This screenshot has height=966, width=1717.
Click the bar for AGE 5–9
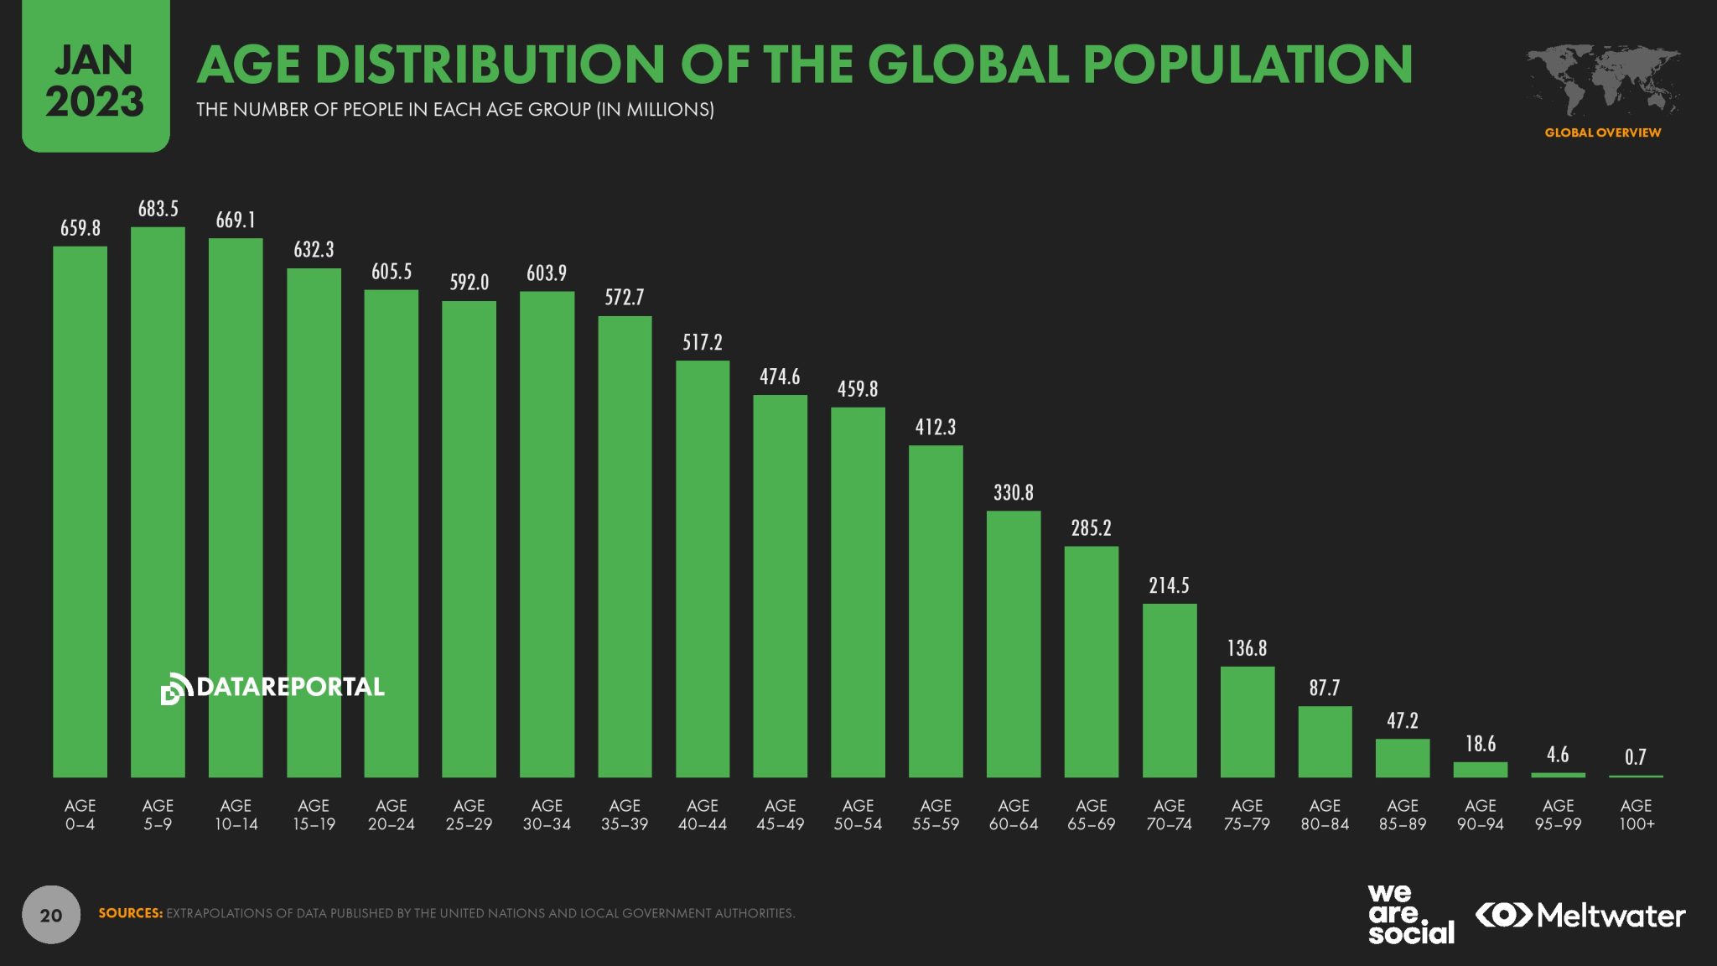point(158,503)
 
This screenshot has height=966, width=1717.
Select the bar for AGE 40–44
point(703,570)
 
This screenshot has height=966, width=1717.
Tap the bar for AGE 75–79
point(1247,721)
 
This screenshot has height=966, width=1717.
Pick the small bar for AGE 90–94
point(1480,769)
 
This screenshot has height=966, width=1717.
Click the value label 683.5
point(158,209)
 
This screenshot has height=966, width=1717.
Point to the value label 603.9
point(547,273)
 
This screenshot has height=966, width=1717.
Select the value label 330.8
point(1013,493)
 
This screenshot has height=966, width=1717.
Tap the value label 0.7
point(1635,757)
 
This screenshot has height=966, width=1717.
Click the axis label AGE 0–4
point(80,814)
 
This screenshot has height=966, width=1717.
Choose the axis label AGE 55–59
point(935,814)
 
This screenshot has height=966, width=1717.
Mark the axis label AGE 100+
point(1636,814)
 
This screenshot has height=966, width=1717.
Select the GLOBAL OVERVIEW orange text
point(1602,132)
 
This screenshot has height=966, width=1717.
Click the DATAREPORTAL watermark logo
point(272,688)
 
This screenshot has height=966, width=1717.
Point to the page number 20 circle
point(51,915)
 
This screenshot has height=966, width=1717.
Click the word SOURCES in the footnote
point(130,913)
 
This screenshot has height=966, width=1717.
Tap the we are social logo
point(1410,915)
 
